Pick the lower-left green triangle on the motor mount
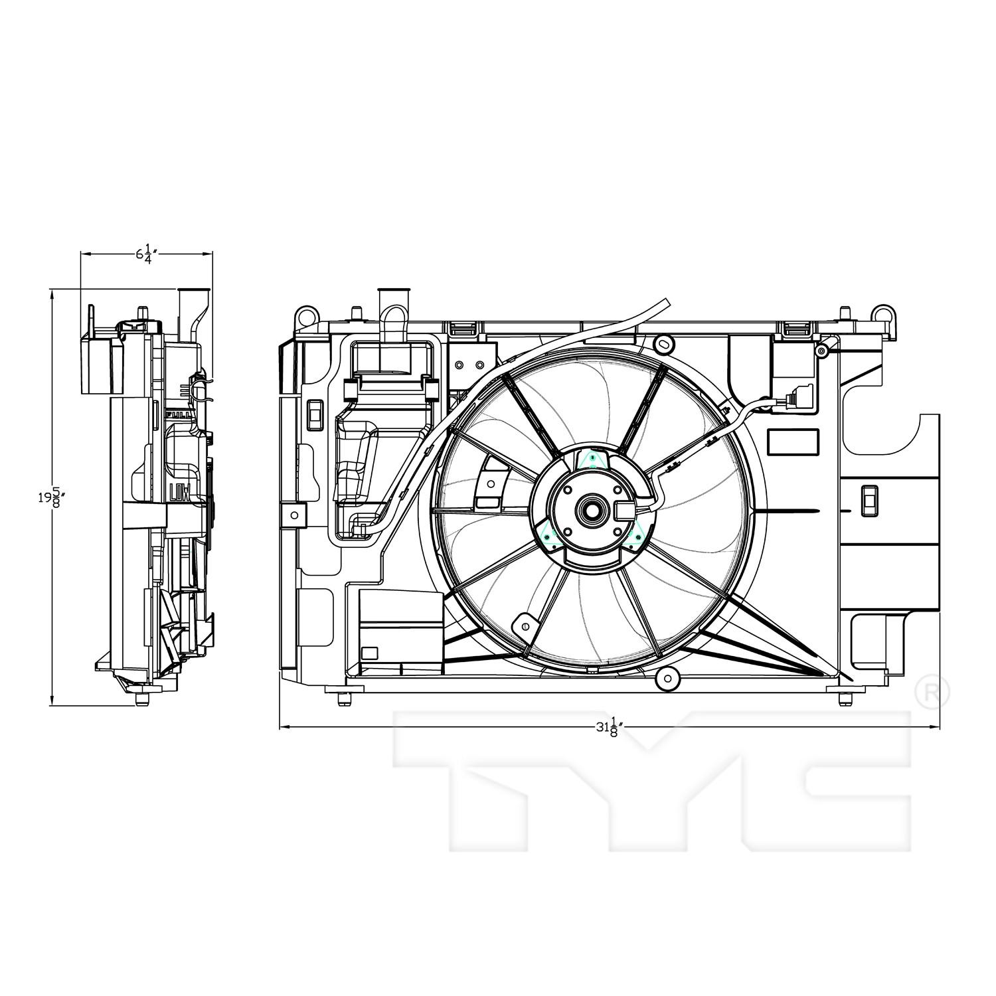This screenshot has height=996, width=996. tap(550, 535)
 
